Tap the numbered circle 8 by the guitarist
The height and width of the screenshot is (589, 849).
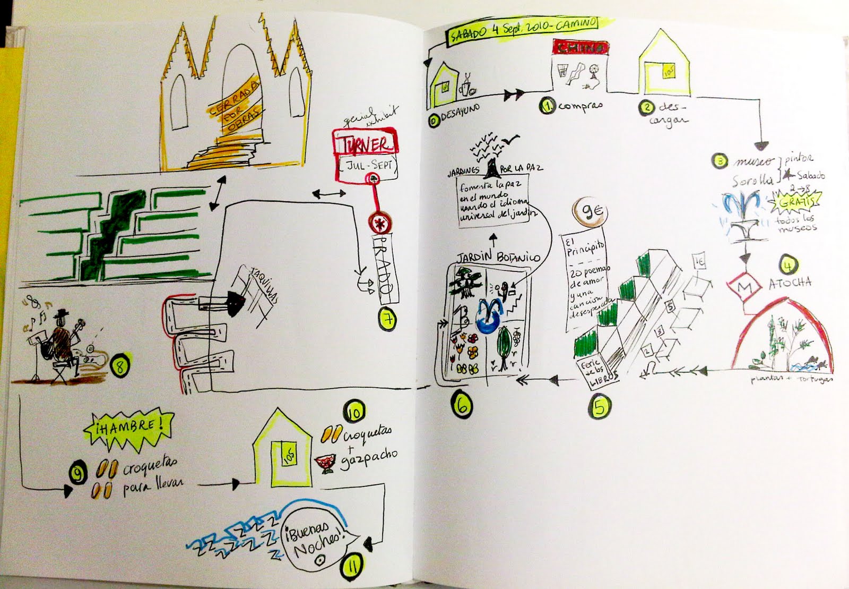[x=118, y=364]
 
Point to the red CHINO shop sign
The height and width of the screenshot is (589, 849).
[x=579, y=47]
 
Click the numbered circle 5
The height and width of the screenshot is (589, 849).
[x=600, y=407]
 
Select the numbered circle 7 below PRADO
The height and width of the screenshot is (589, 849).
[x=388, y=319]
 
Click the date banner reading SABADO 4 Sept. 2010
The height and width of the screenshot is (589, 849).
[x=523, y=30]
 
